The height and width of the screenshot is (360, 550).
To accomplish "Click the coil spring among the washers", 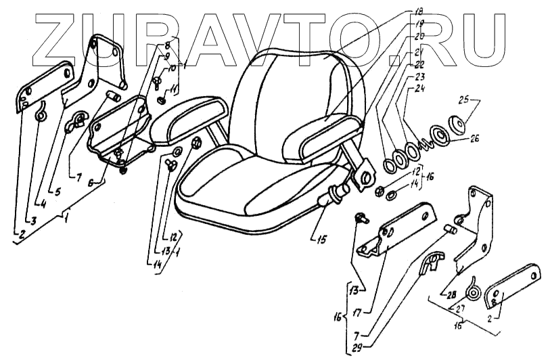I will click(424, 143).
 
